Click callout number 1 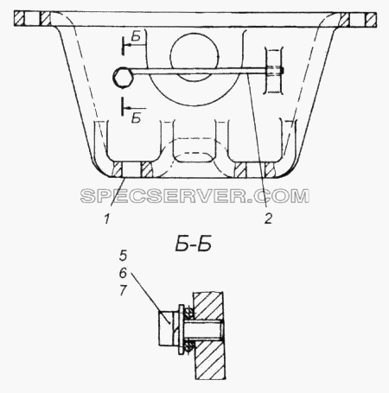(x=107, y=219)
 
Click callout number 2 (x=268, y=219)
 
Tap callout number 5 (x=123, y=256)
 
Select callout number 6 (x=123, y=273)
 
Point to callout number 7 (x=123, y=290)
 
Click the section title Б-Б (x=194, y=244)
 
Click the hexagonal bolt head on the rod (x=123, y=77)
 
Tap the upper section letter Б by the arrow (x=136, y=36)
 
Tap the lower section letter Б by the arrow (x=136, y=118)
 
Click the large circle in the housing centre (x=194, y=57)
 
